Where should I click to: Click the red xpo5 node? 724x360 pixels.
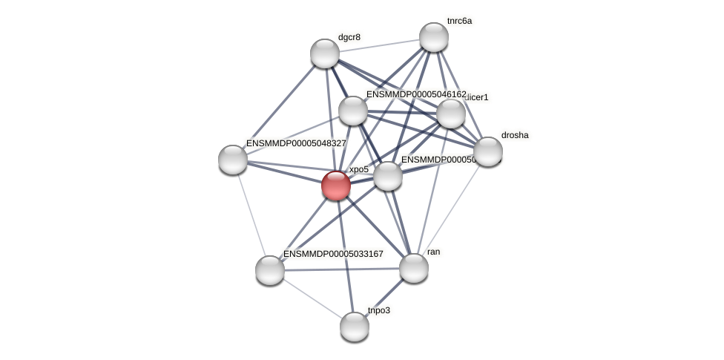(x=336, y=186)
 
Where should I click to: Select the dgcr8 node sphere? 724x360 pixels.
(x=324, y=53)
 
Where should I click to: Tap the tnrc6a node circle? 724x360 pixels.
(x=433, y=37)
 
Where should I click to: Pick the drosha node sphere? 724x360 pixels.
(x=487, y=151)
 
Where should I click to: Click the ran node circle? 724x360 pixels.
(x=413, y=268)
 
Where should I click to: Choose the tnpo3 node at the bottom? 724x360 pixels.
(x=355, y=326)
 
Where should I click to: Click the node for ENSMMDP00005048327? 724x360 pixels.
(x=233, y=159)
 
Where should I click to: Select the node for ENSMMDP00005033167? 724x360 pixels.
(x=270, y=269)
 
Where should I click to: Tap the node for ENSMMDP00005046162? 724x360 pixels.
(x=353, y=111)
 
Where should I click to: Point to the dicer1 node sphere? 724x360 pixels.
(x=450, y=114)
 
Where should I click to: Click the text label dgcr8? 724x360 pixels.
(x=349, y=37)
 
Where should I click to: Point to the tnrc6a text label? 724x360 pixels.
(x=459, y=21)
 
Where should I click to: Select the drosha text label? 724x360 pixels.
(x=515, y=135)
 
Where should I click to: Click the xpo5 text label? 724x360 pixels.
(x=359, y=170)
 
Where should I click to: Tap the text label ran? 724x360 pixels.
(x=434, y=252)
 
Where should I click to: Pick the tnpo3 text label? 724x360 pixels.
(x=378, y=310)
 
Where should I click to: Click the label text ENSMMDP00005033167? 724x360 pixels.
(x=333, y=254)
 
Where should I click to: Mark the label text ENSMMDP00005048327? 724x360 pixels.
(x=295, y=143)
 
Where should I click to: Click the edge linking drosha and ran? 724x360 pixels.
(x=450, y=210)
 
